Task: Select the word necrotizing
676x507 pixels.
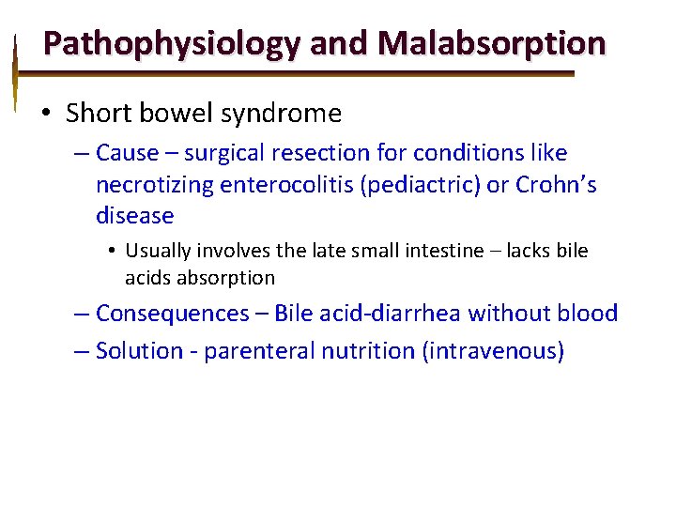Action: (x=154, y=184)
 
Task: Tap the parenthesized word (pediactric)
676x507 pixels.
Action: (x=420, y=184)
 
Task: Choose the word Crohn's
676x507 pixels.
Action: (x=556, y=184)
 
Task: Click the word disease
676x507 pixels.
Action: (x=135, y=216)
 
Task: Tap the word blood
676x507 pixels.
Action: (x=588, y=313)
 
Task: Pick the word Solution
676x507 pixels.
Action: (x=140, y=351)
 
